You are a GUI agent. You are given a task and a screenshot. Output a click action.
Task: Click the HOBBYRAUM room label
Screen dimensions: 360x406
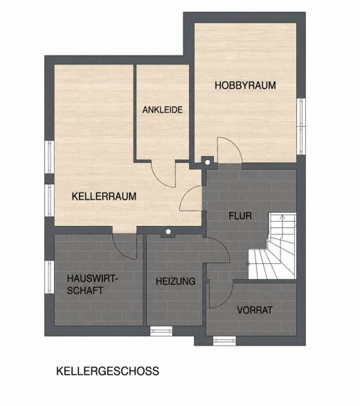coord(245,85)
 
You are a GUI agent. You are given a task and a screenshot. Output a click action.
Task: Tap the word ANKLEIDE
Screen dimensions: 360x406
coord(163,109)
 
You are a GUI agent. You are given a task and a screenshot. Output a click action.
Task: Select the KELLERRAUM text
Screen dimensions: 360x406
coord(104,196)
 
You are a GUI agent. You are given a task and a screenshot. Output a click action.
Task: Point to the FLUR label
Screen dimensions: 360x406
coord(240,215)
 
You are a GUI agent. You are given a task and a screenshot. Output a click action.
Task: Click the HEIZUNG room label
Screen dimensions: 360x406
coord(175,281)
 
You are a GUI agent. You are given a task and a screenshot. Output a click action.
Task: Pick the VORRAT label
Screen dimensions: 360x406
coord(255,310)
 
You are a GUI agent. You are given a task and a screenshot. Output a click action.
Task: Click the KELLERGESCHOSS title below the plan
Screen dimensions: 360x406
coord(108,371)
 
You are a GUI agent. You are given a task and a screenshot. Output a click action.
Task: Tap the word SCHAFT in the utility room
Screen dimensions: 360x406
coord(85,290)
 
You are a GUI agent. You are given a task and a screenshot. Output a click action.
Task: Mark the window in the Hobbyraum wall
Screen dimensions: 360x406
coord(301,126)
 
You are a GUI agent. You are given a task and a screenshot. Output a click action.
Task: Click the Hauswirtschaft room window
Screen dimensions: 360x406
coord(49,277)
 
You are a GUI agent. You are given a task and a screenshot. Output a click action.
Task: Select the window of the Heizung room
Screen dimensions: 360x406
coord(161,331)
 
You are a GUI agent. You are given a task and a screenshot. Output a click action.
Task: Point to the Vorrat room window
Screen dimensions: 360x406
coord(224,341)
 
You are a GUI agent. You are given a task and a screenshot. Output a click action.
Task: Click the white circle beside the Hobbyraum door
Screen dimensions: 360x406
coord(208,162)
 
